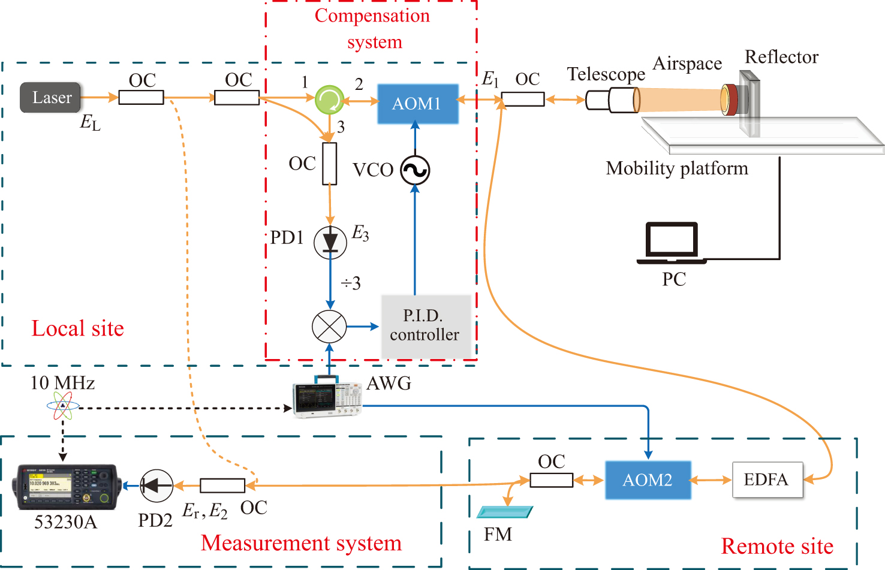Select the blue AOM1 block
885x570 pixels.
tap(417, 104)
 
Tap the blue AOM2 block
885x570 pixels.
tap(648, 480)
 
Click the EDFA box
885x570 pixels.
tap(767, 479)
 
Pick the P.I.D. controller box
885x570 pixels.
tap(426, 326)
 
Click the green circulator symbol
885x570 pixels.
tap(329, 99)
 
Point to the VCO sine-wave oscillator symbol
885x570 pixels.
tap(415, 170)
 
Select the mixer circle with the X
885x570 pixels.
tap(329, 327)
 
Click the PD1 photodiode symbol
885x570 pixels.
tap(330, 242)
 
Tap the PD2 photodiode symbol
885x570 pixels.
tap(156, 485)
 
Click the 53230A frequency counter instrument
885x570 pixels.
tap(66, 486)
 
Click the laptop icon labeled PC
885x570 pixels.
tap(672, 243)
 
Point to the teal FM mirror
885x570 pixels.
tap(504, 512)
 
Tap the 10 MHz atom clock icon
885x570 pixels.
tap(62, 406)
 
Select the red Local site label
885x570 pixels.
tap(77, 328)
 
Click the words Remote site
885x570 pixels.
tap(777, 546)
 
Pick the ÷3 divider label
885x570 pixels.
tap(351, 283)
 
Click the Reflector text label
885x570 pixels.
tap(781, 57)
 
